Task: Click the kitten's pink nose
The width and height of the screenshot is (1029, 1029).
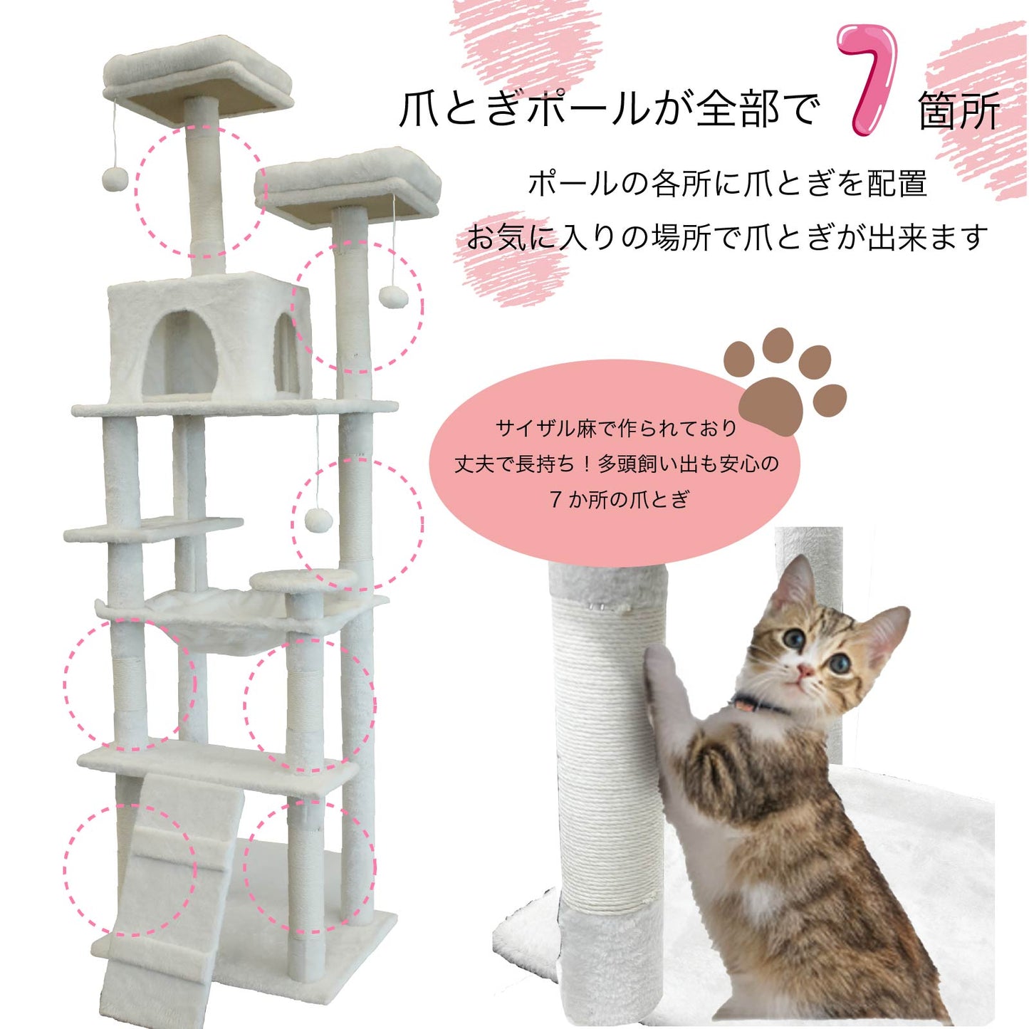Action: click(x=804, y=669)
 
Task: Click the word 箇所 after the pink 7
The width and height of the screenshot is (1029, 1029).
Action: click(x=959, y=110)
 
